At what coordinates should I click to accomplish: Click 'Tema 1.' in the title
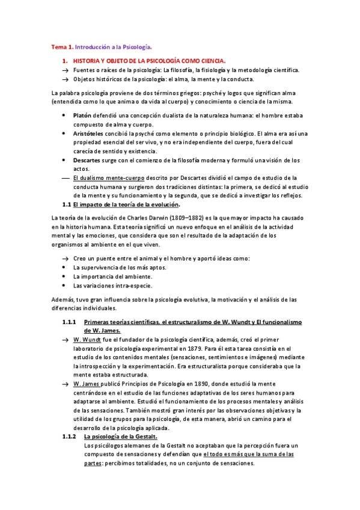pyautogui.click(x=61, y=46)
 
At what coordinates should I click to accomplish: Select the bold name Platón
pyautogui.click(x=83, y=114)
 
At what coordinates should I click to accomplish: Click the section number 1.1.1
pyautogui.click(x=69, y=322)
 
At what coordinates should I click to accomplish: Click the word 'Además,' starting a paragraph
pyautogui.click(x=63, y=299)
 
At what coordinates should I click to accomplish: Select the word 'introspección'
pyautogui.click(x=101, y=365)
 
